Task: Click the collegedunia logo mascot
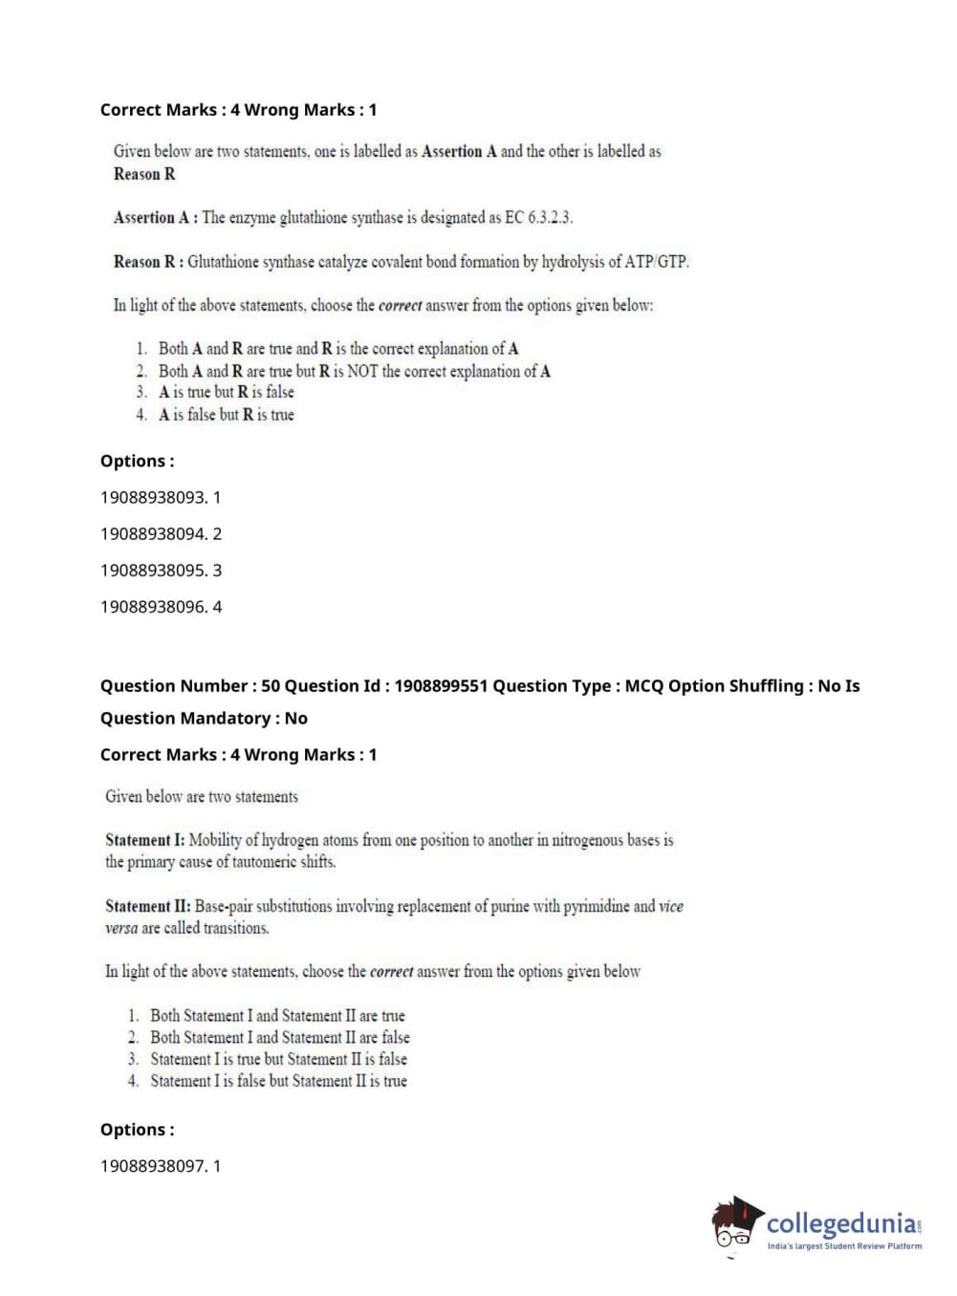tap(736, 1223)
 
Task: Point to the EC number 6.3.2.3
tap(550, 218)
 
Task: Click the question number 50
tap(271, 686)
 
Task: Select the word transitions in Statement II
tap(233, 928)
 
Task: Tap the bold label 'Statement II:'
tap(147, 906)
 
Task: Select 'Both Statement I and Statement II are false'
tap(279, 1037)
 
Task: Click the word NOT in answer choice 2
tap(362, 371)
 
